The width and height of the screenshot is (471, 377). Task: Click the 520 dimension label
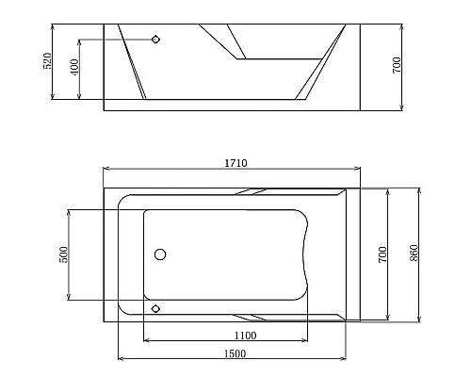[x=47, y=61]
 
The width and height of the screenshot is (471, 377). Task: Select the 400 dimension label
[x=75, y=67]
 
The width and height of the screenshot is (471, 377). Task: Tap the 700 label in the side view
[x=397, y=65]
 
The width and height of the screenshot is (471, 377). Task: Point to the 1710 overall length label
[x=235, y=163]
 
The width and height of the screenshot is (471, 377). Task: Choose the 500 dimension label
[x=63, y=254]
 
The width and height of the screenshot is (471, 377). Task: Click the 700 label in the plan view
[x=382, y=254]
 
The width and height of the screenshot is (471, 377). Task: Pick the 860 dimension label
[x=414, y=254]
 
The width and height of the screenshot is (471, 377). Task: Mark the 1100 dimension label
[x=246, y=336]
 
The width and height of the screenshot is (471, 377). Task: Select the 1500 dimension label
[x=235, y=353]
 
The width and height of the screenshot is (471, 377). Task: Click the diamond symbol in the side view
[x=155, y=40]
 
